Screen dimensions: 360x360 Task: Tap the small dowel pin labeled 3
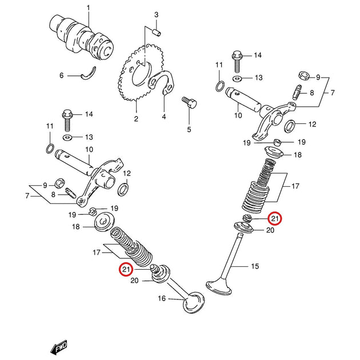pos(157,31)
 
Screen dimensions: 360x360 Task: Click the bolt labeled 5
pos(189,103)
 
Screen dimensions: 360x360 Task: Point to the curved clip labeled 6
pos(89,74)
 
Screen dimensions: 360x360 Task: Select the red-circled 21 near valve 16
pos(126,269)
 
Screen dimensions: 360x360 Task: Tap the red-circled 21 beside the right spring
pos(275,218)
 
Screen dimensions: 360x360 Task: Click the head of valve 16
pos(194,302)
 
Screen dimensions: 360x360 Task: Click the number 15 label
pos(255,266)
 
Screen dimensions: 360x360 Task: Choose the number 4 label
pos(163,117)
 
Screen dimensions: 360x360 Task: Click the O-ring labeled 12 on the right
pos(290,126)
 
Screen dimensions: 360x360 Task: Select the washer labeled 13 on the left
pos(67,138)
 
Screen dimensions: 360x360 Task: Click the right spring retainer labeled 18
pos(274,152)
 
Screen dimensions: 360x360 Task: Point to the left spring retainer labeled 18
pos(104,222)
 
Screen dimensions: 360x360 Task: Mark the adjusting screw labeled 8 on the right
pos(297,93)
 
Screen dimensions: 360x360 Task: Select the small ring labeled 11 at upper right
pos(221,86)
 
